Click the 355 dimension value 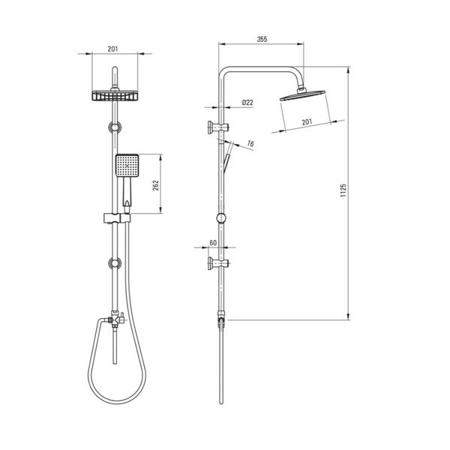pos(262,39)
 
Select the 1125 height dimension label pos(343,190)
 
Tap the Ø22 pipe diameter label pos(247,103)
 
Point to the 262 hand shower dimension pos(155,186)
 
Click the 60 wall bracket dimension pos(213,243)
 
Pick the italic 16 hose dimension pos(250,143)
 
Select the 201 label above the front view pos(112,49)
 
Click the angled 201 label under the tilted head pos(307,122)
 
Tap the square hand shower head pos(127,166)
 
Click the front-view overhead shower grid pos(115,96)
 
